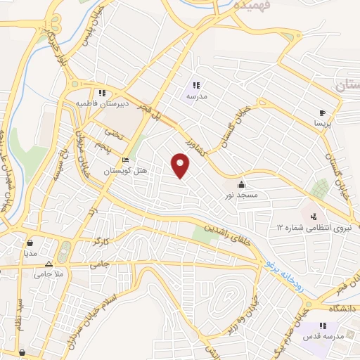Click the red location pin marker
[181, 165]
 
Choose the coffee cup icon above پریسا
[322, 112]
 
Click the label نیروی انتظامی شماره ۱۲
[309, 228]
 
